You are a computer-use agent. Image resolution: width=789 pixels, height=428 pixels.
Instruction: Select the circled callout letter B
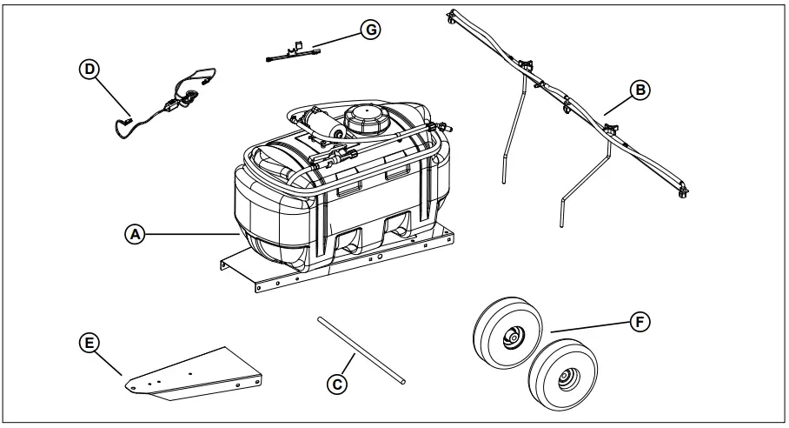click(x=639, y=90)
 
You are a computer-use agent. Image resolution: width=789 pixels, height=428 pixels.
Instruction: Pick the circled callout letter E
click(x=87, y=344)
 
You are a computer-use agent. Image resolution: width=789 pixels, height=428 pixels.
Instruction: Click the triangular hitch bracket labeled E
click(x=196, y=371)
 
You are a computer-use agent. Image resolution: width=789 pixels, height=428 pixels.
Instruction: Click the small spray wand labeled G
click(x=295, y=52)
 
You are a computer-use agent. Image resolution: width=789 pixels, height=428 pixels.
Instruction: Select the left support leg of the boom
click(x=512, y=130)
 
